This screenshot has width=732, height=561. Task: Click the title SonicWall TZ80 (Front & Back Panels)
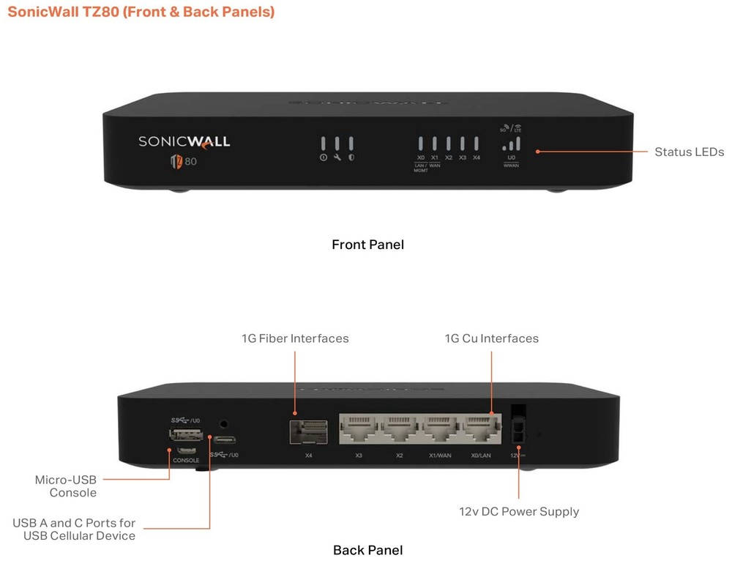pos(139,12)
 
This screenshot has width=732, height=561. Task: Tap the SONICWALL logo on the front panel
pos(184,141)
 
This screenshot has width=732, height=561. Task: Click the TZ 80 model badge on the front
pos(184,161)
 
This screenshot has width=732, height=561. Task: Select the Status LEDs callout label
pos(689,152)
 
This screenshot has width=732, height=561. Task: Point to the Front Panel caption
pos(367,245)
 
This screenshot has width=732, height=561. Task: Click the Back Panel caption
pos(367,550)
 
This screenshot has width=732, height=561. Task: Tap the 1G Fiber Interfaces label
pos(295,338)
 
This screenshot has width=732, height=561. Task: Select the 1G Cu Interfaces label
pos(491,338)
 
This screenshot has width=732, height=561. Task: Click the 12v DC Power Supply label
pos(519,511)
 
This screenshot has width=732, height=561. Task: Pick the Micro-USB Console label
pos(66,486)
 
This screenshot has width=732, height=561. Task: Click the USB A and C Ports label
pos(74,530)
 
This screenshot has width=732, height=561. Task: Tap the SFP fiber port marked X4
pos(308,432)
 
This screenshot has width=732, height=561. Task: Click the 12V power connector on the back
pos(518,426)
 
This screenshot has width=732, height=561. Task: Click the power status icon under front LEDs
pos(323,157)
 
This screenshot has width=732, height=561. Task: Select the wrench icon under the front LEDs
pos(337,157)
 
